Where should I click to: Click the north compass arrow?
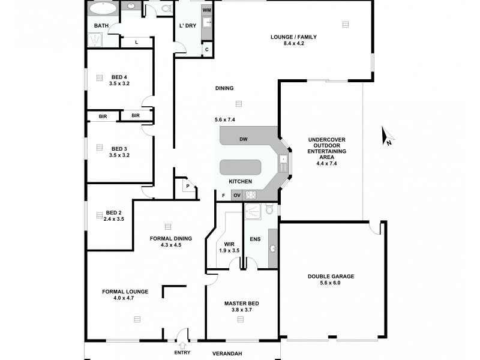388,137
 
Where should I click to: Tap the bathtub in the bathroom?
103,9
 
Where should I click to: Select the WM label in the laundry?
206,11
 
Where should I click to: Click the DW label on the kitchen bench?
243,139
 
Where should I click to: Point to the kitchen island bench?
240,167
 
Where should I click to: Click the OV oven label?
236,195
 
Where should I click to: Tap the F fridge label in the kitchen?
223,195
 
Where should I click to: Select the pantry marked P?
188,186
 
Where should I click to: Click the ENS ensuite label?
255,239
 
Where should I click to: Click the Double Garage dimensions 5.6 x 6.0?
332,283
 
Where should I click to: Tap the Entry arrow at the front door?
182,344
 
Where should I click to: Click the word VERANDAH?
227,353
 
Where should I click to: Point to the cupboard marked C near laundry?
207,49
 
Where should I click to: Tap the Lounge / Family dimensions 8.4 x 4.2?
293,44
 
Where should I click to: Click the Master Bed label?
241,304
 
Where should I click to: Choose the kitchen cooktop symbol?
251,194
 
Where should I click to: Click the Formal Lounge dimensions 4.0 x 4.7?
125,298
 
